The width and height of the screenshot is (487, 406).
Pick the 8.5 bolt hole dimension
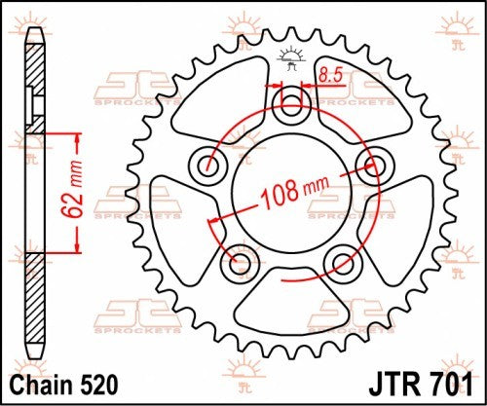(330, 72)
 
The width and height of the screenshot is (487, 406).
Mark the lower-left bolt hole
(239, 262)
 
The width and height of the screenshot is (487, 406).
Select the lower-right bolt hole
(341, 262)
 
